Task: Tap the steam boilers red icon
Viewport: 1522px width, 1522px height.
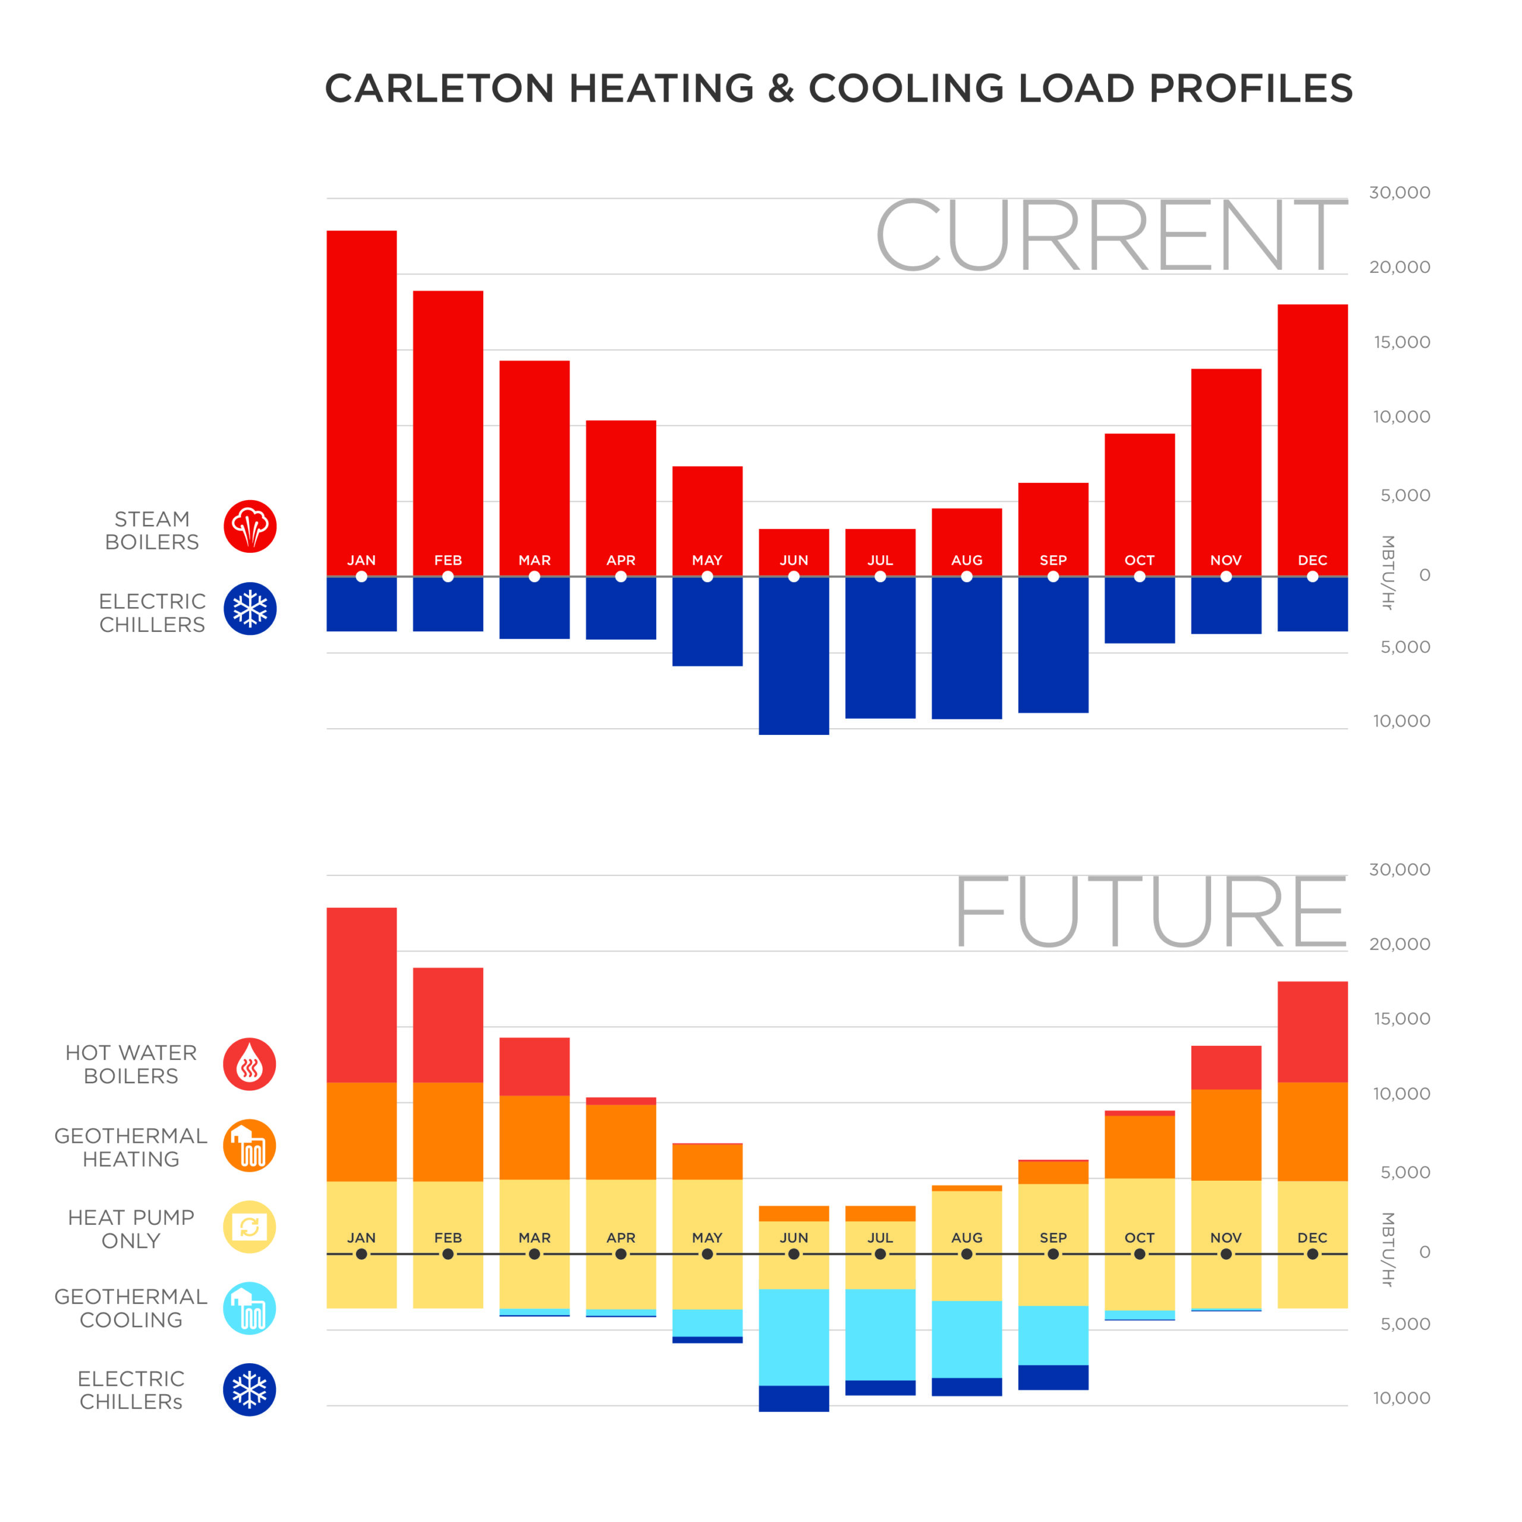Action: [x=250, y=526]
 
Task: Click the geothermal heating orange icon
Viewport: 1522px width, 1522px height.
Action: [x=250, y=1146]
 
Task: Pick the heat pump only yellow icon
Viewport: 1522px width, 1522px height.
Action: [x=250, y=1227]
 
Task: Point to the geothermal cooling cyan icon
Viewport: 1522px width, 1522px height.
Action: [x=250, y=1309]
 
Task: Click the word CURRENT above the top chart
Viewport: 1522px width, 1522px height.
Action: [x=1111, y=235]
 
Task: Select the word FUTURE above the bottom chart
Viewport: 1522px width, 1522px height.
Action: [x=1150, y=911]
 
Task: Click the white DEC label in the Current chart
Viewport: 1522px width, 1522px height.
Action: [x=1313, y=560]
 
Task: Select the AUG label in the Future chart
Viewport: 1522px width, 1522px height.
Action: [x=967, y=1238]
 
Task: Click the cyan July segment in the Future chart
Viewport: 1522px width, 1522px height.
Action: [x=880, y=1335]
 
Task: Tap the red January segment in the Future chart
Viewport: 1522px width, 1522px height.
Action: [x=361, y=994]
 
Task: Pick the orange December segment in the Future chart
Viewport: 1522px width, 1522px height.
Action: [x=1313, y=1131]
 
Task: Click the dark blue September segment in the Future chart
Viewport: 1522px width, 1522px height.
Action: [x=1054, y=1377]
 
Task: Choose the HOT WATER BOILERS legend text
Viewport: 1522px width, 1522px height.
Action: [x=131, y=1064]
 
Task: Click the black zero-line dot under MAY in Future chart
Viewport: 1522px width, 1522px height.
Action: [x=707, y=1254]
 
